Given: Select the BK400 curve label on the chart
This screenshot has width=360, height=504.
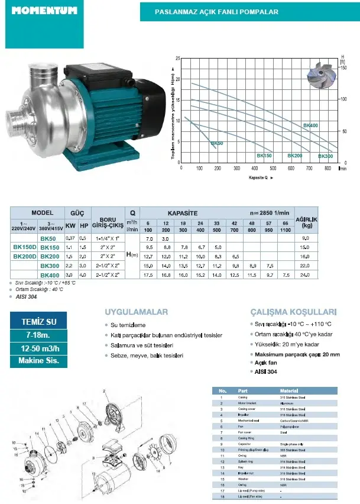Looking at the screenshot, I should point(310,125).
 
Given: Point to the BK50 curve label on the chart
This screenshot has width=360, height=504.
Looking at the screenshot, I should point(217,143).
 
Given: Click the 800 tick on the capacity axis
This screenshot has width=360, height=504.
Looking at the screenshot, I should point(327,168).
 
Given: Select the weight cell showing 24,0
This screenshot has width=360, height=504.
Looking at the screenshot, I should point(305,275).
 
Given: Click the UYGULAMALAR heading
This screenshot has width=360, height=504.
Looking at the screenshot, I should point(136,312).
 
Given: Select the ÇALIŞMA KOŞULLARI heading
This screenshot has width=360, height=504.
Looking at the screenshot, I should point(293,312).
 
